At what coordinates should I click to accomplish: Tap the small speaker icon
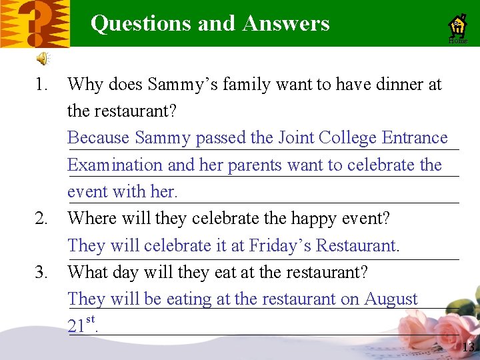coord(42,59)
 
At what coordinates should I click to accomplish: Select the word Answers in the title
coord(286,23)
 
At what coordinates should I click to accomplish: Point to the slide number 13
coord(468,347)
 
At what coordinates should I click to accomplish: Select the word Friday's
coord(280,245)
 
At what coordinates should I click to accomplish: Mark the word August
coord(391,299)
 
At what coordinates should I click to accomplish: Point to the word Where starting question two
coord(90,219)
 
